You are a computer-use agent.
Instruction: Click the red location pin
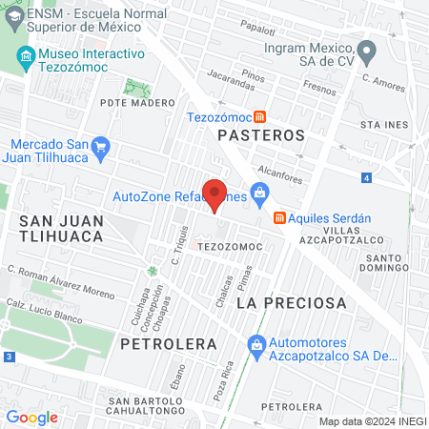coord(214,194)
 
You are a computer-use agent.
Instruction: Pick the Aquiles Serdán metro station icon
coord(279,217)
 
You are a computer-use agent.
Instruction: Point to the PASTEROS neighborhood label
coord(260,136)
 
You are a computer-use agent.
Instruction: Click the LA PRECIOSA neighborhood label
coord(291,302)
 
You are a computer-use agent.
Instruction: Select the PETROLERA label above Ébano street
coord(169,341)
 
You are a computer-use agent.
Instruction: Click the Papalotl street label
coord(258,29)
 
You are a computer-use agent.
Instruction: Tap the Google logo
coord(32,417)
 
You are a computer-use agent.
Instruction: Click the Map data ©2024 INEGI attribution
coord(371,421)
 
